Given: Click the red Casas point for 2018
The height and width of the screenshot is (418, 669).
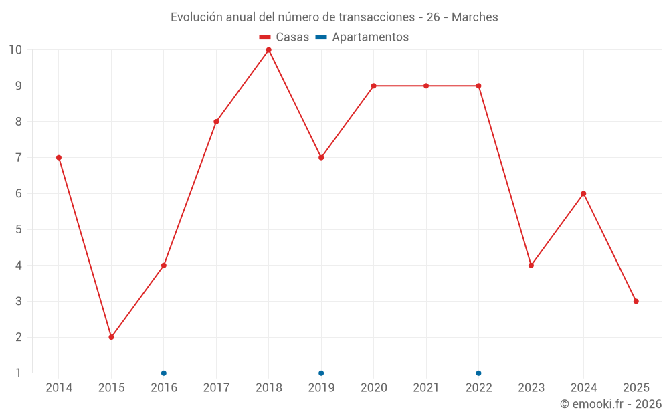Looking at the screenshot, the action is coord(269,50).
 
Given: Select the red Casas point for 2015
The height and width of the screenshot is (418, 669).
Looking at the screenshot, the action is coord(111,337).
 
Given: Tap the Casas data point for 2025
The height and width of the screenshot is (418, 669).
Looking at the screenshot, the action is coord(636,301).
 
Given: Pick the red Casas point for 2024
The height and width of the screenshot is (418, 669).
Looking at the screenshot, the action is coord(583,194).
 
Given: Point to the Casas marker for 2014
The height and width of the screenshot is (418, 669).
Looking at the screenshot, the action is coord(59,158).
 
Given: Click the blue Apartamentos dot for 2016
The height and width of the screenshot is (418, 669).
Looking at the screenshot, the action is coord(164,373).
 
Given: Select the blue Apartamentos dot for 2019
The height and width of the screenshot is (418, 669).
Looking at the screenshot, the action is coord(321,373).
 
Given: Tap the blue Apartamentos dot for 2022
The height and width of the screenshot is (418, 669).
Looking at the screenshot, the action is coord(479,373).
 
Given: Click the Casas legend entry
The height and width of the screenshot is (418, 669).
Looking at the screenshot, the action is coord(284,37).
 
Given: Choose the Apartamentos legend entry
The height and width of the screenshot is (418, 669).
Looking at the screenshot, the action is coord(362,37).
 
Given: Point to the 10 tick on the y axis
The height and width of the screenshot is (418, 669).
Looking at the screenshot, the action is coord(15,50).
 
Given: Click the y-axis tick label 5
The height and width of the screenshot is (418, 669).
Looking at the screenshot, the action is coord(18,229).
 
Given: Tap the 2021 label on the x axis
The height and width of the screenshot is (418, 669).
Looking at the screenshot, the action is coord(426,387).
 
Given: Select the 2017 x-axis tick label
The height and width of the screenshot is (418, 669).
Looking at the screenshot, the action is coord(216,387).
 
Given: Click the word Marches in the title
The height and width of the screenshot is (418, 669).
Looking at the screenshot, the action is coord(475,17).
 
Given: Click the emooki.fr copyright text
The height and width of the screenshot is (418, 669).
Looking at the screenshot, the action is coord(611,404).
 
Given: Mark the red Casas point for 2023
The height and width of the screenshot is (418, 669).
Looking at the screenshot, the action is coord(531,266).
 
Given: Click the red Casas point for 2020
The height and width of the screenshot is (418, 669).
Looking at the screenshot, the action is coord(374,86).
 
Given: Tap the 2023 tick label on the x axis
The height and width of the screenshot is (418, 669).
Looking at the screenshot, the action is coord(531,387).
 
